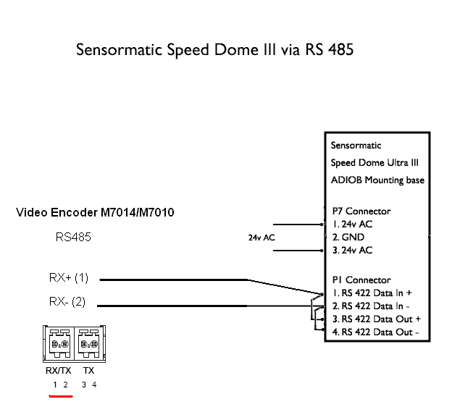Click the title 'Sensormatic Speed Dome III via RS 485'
click(215, 50)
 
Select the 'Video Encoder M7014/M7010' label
click(95, 212)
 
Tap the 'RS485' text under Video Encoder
click(74, 237)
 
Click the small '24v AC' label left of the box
click(261, 238)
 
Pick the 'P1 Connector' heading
click(361, 280)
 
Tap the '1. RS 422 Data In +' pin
click(372, 293)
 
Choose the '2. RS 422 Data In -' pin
click(370, 306)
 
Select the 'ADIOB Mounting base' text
click(377, 180)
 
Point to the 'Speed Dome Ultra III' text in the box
click(374, 162)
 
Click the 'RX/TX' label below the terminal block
click(59, 370)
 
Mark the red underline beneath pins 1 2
click(60, 396)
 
